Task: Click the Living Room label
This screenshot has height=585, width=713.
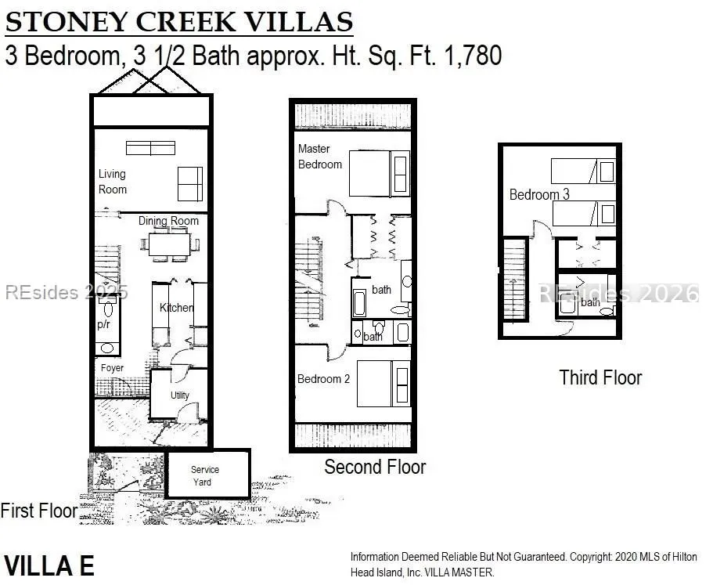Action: [x=113, y=182]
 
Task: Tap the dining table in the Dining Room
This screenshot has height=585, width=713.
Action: [x=170, y=245]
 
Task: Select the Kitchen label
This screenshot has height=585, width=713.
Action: [x=176, y=308]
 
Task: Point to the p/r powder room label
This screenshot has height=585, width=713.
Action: [x=103, y=324]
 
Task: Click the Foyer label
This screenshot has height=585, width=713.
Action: [x=112, y=367]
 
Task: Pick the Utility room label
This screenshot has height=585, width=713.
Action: [x=179, y=395]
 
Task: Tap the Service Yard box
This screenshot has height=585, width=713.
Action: [x=208, y=474]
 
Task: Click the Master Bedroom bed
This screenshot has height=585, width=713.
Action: [x=380, y=174]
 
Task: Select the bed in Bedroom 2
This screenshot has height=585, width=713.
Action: [x=384, y=384]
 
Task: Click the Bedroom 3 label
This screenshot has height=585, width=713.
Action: [x=539, y=195]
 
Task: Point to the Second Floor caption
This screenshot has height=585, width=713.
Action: [x=375, y=467]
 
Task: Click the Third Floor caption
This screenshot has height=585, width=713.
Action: [x=600, y=377]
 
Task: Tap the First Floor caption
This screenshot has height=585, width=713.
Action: [x=39, y=511]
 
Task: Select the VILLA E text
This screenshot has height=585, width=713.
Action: [x=49, y=566]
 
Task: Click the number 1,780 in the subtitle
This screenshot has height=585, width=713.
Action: [x=473, y=56]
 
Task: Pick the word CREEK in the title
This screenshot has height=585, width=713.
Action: [x=186, y=21]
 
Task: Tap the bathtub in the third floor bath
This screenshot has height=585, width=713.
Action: [x=567, y=303]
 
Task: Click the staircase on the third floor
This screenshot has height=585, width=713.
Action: [x=515, y=279]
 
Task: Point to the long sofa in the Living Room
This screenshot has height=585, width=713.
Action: [x=150, y=148]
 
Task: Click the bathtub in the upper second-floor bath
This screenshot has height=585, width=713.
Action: [x=360, y=303]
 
